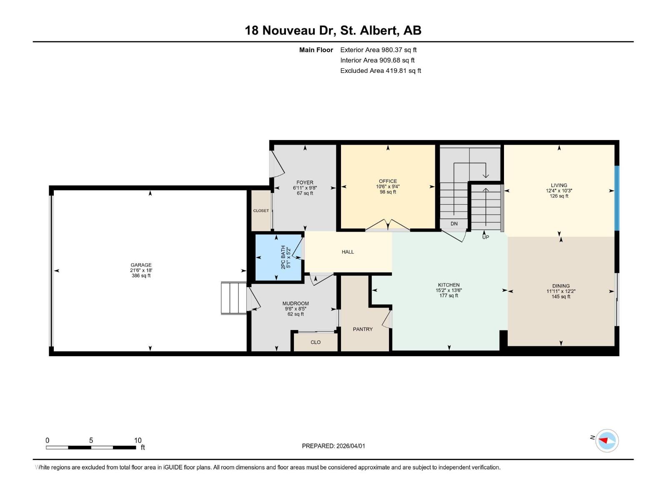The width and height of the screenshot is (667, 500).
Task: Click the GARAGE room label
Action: pyautogui.click(x=141, y=265)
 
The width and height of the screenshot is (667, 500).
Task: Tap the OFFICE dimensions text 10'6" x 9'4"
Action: pyautogui.click(x=388, y=187)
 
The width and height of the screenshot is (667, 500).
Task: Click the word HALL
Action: pyautogui.click(x=348, y=252)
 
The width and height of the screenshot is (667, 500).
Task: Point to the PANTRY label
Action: pyautogui.click(x=363, y=329)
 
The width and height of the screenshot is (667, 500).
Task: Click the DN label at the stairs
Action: pyautogui.click(x=454, y=224)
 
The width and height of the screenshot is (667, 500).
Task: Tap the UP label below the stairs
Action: pyautogui.click(x=486, y=237)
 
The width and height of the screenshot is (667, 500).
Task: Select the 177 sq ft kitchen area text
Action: pyautogui.click(x=449, y=296)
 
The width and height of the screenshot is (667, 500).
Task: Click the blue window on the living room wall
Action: pyautogui.click(x=617, y=198)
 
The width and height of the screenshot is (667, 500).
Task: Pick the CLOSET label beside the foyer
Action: pyautogui.click(x=261, y=211)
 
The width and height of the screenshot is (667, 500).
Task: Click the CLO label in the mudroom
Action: pyautogui.click(x=316, y=342)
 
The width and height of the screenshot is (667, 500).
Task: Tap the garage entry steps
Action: pyautogui.click(x=234, y=298)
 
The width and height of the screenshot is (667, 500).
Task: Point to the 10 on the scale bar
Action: pyautogui.click(x=138, y=440)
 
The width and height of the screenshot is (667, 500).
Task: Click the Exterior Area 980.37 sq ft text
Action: pyautogui.click(x=378, y=50)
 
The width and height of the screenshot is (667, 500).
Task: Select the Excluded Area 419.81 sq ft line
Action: pyautogui.click(x=380, y=71)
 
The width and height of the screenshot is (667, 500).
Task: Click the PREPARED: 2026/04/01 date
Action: pyautogui.click(x=333, y=446)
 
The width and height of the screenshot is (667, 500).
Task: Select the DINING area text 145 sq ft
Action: pyautogui.click(x=561, y=297)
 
